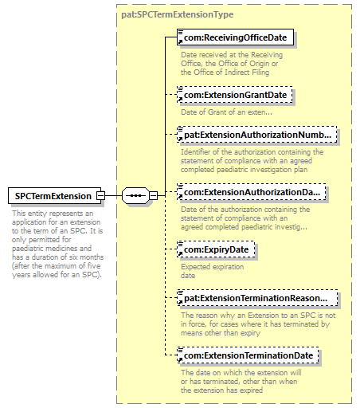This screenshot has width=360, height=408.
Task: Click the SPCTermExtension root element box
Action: point(54,196)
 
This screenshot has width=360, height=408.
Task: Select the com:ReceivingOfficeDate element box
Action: point(235,37)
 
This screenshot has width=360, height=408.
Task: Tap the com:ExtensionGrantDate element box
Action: point(235,95)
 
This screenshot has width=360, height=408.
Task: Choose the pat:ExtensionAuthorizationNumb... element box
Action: point(257,135)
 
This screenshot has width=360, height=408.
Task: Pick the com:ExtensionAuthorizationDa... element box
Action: point(252,192)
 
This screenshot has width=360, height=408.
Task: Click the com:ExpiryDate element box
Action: point(216,249)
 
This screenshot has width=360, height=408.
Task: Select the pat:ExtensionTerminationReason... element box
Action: point(257,298)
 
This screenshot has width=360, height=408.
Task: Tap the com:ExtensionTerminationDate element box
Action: point(248,355)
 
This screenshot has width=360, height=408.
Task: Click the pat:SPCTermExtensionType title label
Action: point(178,14)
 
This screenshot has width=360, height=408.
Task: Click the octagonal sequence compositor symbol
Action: point(135,196)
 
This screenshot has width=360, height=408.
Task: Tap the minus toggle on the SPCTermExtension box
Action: point(101,196)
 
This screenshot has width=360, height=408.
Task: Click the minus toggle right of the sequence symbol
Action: point(154,196)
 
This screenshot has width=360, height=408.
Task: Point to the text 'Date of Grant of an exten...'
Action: point(226,112)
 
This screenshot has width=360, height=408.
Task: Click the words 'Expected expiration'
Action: point(213,267)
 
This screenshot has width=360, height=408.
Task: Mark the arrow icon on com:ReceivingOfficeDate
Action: point(181,41)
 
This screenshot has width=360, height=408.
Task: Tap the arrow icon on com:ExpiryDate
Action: point(181,253)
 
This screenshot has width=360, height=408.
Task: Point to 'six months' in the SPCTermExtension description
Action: point(87,257)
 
